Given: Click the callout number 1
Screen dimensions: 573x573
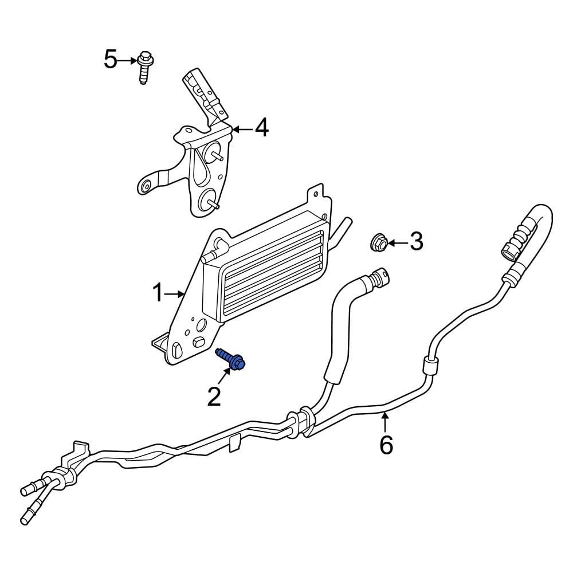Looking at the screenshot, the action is coord(158,293).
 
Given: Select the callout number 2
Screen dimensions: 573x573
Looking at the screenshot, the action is coord(214,397).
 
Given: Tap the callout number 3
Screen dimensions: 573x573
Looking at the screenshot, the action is coord(416,242).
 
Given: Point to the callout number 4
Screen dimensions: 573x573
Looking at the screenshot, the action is coord(262,128).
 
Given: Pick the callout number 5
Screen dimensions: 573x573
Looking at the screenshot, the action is coord(111,59).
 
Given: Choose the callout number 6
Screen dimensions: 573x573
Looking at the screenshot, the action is coord(386,445).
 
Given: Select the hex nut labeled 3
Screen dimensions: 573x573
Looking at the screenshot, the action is coord(378,242).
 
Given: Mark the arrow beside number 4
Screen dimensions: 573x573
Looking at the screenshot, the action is coord(242,129).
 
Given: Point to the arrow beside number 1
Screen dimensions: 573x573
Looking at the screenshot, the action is coord(174,293).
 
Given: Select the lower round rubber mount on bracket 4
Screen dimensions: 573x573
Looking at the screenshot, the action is coord(208,200).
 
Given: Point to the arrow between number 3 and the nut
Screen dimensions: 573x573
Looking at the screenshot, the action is coord(398,242).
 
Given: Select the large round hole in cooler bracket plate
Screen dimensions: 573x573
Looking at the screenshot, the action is coord(201,325).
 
